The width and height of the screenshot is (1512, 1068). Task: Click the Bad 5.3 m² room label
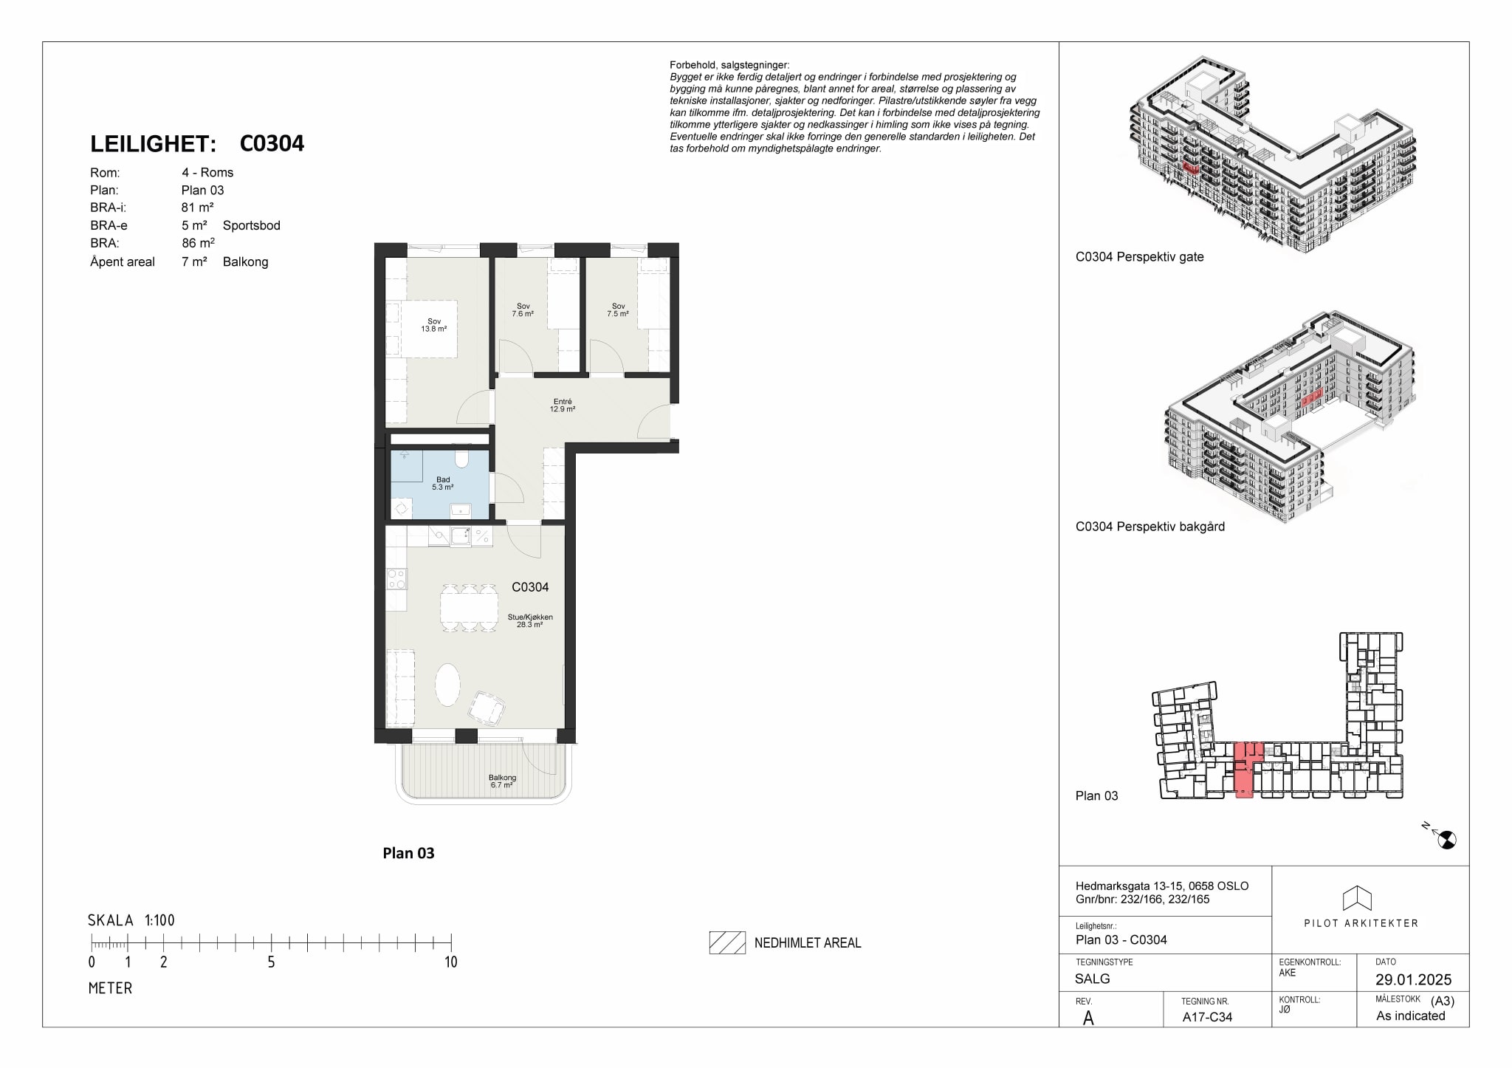(443, 484)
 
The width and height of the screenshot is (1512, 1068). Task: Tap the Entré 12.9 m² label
(563, 405)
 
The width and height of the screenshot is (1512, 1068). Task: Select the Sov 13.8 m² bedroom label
(434, 325)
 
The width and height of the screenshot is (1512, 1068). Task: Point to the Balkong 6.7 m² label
(502, 781)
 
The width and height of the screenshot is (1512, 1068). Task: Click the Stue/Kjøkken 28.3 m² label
(530, 620)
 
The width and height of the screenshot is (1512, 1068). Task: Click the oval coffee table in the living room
(447, 685)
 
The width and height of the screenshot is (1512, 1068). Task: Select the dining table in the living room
(469, 608)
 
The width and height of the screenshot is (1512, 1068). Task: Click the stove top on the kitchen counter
(396, 578)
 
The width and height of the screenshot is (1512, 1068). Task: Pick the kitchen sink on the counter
(461, 536)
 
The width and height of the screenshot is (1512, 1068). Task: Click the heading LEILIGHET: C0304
(197, 143)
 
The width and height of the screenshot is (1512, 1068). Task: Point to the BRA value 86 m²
(199, 243)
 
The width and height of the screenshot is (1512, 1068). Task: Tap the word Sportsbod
(252, 225)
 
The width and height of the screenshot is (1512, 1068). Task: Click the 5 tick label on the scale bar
(271, 962)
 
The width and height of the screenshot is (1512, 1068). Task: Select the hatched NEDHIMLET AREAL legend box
(727, 942)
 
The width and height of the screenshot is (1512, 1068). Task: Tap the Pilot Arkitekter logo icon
(1357, 898)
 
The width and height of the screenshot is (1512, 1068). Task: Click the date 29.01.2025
(1414, 979)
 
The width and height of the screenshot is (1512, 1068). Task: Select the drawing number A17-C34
(1207, 1016)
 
